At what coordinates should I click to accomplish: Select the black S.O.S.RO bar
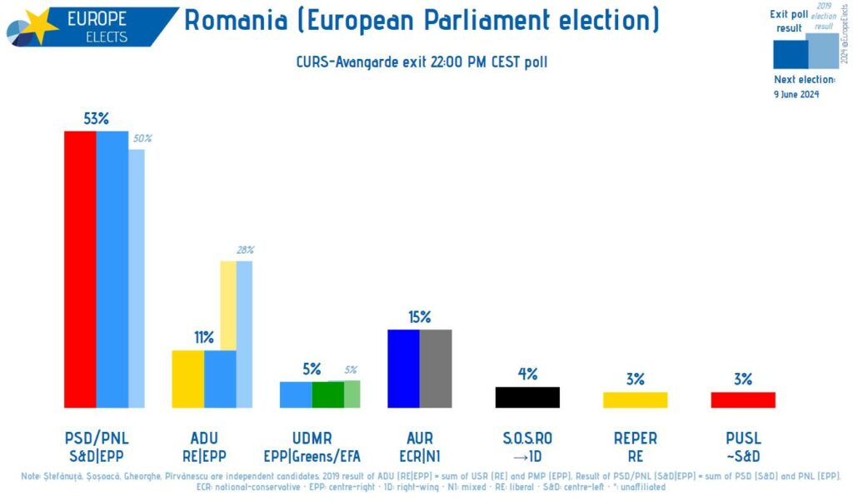coord(527,397)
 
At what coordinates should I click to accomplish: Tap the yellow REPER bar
coord(635,399)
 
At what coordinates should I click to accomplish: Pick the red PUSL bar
coord(742,399)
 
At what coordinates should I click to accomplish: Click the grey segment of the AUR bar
coord(436,369)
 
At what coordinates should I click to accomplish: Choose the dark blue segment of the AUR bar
coord(403,369)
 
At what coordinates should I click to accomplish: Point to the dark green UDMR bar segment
coord(327,394)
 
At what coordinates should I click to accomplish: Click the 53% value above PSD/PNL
coord(97,118)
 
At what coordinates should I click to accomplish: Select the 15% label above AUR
coord(419,317)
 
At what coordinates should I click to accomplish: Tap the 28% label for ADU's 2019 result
coord(245,250)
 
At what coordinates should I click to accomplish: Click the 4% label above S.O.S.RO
coord(527,374)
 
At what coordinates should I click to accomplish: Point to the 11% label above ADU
coord(204,337)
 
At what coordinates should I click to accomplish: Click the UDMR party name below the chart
coord(312,438)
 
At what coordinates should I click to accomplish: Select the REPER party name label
coord(635,438)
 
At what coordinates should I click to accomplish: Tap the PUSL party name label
coord(742,438)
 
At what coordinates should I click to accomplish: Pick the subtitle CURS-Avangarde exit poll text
coord(422,62)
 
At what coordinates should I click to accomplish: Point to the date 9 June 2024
coord(796,94)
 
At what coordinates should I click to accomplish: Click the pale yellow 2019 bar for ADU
coord(228,305)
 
